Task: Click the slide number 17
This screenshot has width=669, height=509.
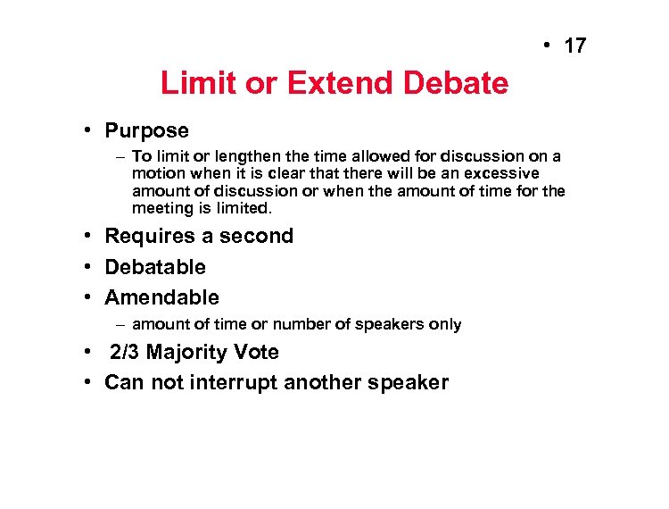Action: point(576,45)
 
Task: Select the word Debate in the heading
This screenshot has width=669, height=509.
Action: point(456,84)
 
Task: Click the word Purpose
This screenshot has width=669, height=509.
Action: point(146,131)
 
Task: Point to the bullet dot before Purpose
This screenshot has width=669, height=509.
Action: point(90,130)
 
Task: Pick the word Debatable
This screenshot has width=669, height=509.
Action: point(155,267)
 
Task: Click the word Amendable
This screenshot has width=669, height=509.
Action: point(161,297)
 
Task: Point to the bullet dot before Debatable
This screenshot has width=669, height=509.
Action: point(90,267)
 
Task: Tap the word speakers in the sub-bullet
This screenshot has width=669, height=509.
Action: point(392,324)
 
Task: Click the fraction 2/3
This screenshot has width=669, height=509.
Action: point(125,353)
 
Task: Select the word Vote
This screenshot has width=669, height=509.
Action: point(257,353)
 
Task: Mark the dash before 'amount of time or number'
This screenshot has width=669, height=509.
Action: point(120,324)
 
